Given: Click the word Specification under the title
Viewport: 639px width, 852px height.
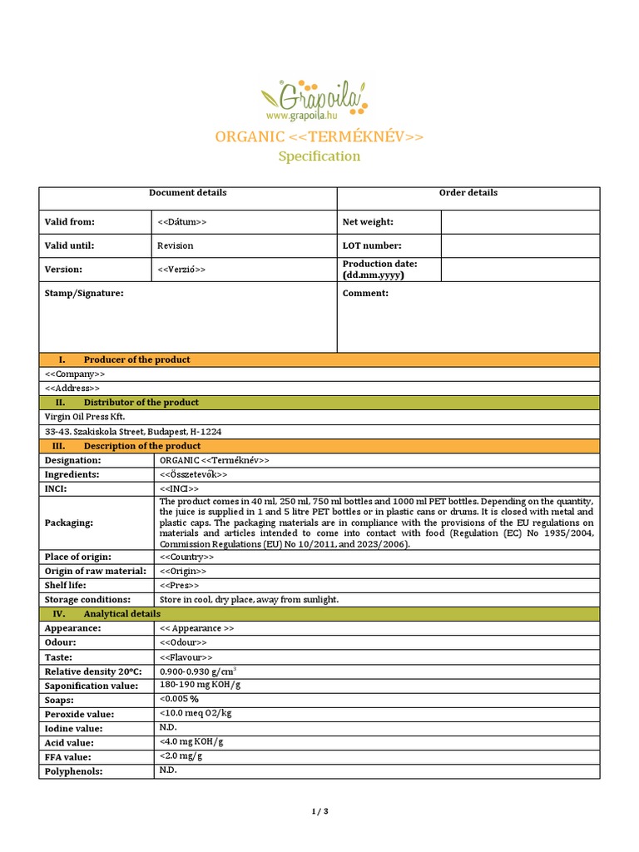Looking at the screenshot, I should pos(319,156).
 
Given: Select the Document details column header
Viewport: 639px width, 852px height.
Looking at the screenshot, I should pos(187,193).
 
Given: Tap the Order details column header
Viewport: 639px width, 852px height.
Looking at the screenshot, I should pos(468,193).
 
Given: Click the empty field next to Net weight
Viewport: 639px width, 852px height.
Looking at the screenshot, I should pos(519,222).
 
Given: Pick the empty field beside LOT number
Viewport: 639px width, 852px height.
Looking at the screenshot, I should pos(519,246).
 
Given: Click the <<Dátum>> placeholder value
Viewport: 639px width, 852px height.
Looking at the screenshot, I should pos(181,222).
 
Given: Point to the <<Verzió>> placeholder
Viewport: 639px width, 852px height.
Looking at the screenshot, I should pos(181,270).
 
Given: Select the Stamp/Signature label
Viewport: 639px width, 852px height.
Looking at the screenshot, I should pos(84,294).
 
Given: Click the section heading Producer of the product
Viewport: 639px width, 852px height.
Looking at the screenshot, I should pos(136,359).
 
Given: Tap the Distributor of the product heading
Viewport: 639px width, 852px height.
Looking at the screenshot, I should pos(141,403).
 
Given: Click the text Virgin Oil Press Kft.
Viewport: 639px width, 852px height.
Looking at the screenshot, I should pos(85,417).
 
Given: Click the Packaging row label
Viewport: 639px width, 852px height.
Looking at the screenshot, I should pos(69,523).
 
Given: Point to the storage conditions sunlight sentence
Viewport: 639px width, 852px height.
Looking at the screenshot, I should pos(249,600).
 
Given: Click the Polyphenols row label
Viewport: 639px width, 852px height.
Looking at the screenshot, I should pos(73,771).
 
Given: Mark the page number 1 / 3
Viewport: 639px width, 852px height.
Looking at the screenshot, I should pos(319,811).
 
